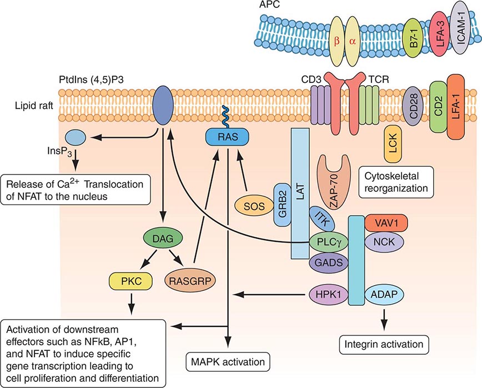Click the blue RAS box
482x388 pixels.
pos(227,135)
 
